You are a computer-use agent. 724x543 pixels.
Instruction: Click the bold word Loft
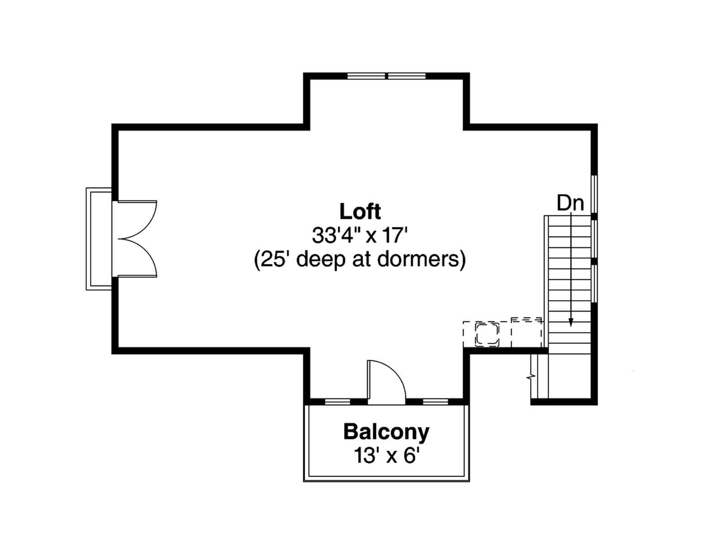click(x=360, y=211)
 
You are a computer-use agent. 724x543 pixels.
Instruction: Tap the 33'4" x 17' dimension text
click(x=360, y=236)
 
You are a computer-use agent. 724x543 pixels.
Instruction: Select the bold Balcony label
click(x=386, y=432)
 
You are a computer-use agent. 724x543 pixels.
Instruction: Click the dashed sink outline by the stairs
click(x=486, y=335)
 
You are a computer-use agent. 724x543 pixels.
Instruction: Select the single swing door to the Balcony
click(x=386, y=382)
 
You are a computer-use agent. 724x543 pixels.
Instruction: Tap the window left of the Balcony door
click(x=338, y=401)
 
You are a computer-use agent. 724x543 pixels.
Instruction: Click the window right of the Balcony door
click(x=435, y=401)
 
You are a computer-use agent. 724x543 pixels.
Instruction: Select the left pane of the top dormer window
click(x=366, y=76)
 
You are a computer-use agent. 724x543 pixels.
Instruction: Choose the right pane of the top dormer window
click(x=407, y=76)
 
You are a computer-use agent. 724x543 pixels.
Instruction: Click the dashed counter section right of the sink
click(x=526, y=333)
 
